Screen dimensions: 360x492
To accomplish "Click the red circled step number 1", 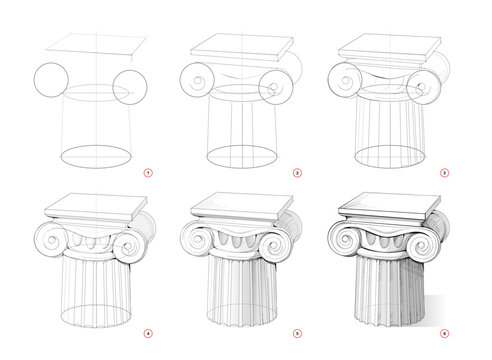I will [149, 172].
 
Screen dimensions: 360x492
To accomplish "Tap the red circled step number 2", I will [297, 172].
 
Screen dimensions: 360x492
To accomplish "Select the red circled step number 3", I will [445, 172].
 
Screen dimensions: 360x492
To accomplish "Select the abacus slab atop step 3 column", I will [390, 45].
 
